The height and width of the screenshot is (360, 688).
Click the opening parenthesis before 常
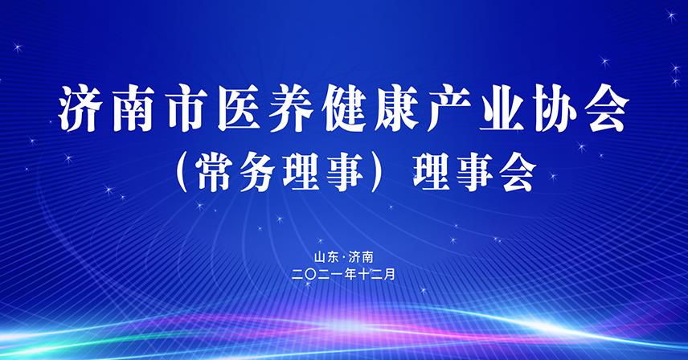[183, 171]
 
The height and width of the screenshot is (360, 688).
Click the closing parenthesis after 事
[385, 171]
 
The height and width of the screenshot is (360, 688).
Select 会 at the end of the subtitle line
[515, 171]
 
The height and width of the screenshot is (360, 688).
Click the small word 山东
[326, 257]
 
